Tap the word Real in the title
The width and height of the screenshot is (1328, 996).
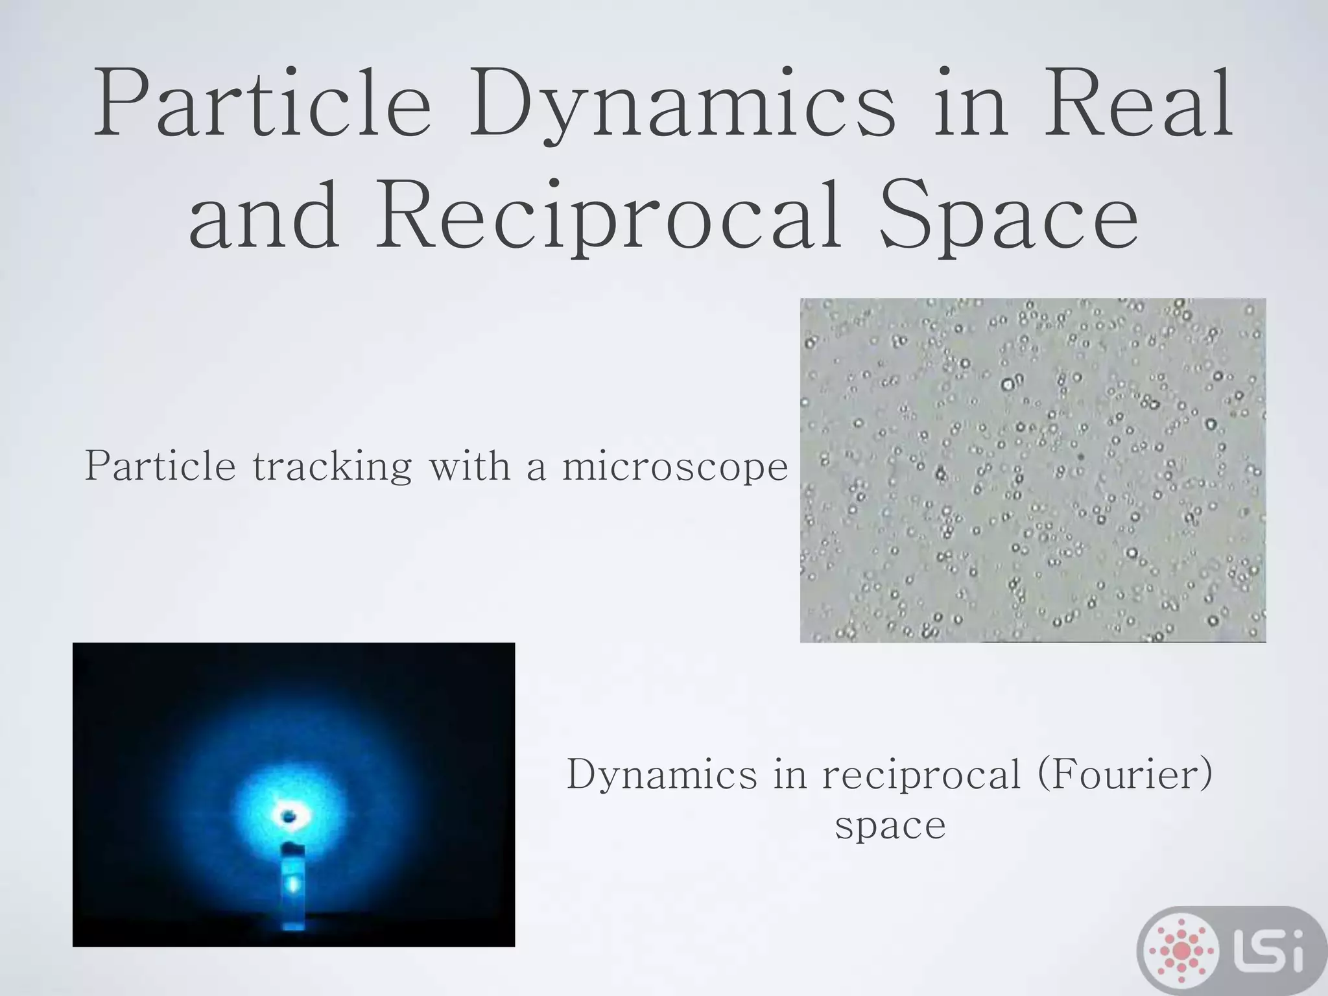(1139, 104)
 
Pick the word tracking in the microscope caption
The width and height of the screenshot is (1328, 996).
(331, 467)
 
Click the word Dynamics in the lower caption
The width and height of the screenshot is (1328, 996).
(662, 776)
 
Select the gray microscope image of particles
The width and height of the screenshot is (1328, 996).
(1032, 470)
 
